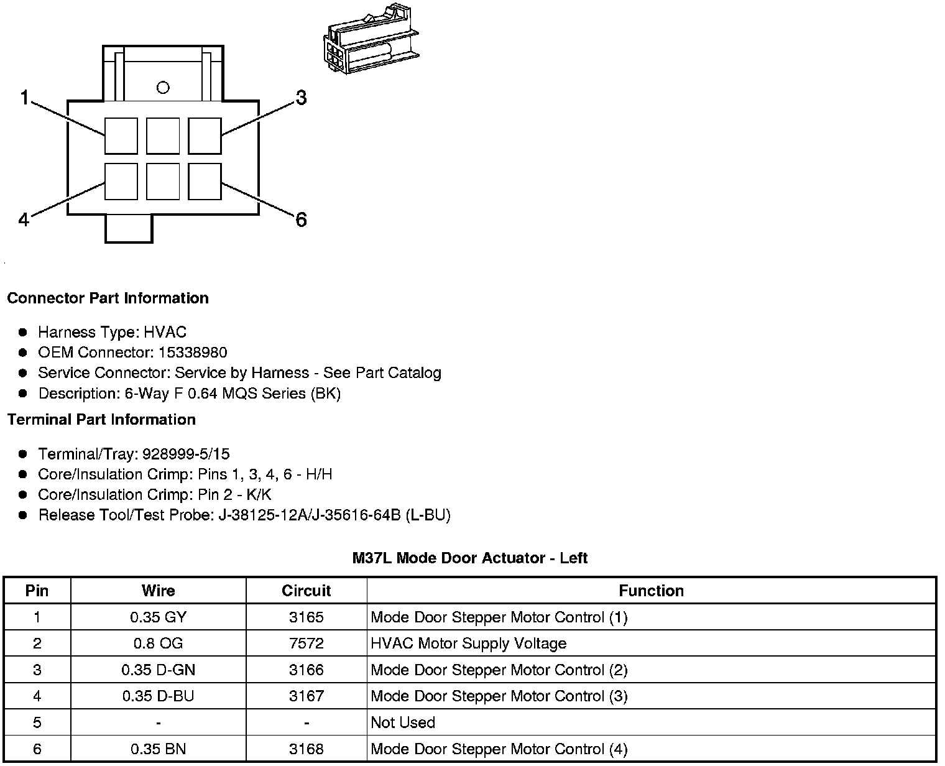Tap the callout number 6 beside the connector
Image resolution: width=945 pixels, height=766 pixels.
[301, 219]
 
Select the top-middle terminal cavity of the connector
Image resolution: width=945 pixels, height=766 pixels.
[163, 136]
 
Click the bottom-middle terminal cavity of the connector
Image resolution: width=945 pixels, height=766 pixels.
[163, 182]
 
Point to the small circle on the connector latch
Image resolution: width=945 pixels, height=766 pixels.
[163, 88]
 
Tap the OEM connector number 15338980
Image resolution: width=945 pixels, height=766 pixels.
[193, 353]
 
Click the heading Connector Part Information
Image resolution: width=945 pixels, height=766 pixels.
[108, 298]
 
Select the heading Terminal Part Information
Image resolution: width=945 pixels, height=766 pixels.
[101, 420]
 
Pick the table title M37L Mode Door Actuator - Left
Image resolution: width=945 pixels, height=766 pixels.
[469, 558]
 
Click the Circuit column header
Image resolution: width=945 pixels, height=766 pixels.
[306, 591]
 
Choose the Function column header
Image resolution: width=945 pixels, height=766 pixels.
[651, 591]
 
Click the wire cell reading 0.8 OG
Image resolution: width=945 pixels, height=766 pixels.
[158, 644]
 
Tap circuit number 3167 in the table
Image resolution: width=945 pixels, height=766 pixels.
[306, 696]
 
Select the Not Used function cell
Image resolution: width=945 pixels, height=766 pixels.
[403, 722]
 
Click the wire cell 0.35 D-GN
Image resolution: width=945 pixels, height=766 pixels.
[158, 670]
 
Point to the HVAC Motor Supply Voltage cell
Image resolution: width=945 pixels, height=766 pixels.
[468, 644]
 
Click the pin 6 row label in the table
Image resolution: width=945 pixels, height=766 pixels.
[37, 749]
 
